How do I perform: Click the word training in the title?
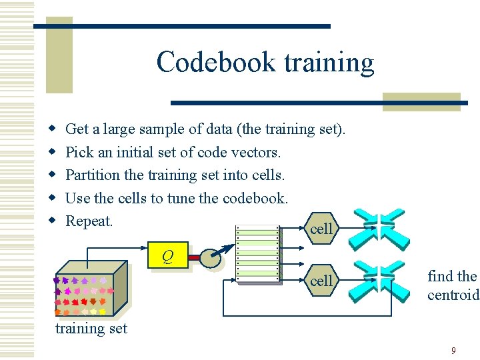point(329,63)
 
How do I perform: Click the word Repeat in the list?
point(89,221)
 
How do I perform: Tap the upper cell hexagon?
point(321,229)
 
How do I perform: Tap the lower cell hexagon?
point(321,281)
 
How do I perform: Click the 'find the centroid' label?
point(453,285)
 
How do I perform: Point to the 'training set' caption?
point(91,328)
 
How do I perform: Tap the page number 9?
point(453,350)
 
